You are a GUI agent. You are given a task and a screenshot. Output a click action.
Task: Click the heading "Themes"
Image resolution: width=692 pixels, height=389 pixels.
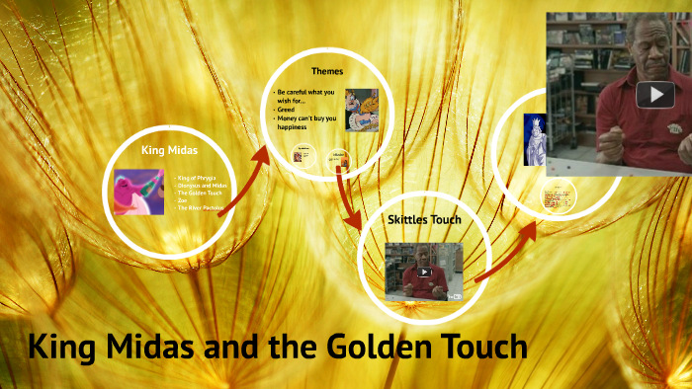pyautogui.click(x=327, y=71)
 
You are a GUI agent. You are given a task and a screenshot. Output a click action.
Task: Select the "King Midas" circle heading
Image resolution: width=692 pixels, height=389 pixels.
pyautogui.click(x=169, y=149)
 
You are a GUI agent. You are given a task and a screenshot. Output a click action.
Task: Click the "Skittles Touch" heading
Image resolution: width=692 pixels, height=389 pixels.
pyautogui.click(x=424, y=219)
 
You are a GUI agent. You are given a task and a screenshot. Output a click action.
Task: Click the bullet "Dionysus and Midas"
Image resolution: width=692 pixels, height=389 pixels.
pyautogui.click(x=202, y=186)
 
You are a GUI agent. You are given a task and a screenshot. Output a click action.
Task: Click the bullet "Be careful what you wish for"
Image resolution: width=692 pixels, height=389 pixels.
pyautogui.click(x=305, y=96)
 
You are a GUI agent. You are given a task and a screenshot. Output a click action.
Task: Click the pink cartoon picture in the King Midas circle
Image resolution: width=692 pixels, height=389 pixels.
pyautogui.click(x=138, y=193)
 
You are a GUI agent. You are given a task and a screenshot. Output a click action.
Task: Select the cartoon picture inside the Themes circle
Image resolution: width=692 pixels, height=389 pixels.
pyautogui.click(x=361, y=108)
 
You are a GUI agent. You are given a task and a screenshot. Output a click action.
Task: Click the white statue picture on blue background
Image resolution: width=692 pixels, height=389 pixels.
pyautogui.click(x=535, y=139)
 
